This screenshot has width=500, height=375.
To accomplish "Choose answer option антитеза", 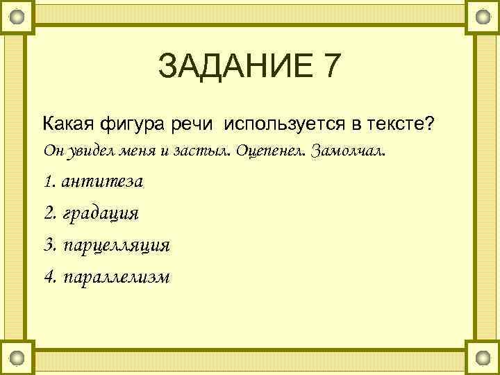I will pyautogui.click(x=102, y=181).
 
